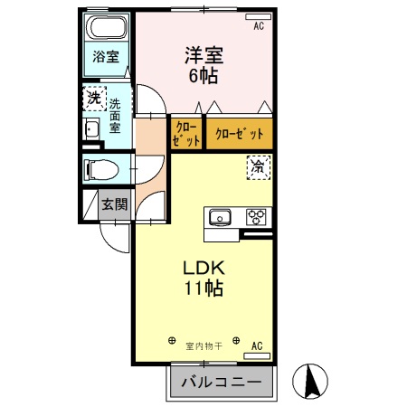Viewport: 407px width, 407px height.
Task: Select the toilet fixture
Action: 101,169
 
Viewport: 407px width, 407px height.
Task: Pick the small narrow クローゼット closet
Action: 185,134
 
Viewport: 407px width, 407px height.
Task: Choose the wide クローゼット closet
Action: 240,134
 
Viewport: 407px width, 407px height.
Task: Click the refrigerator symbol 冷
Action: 258,166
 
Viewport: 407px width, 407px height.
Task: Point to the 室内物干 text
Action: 204,345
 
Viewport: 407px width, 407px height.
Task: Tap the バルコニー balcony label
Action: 222,383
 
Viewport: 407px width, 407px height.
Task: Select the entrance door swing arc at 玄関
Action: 113,238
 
